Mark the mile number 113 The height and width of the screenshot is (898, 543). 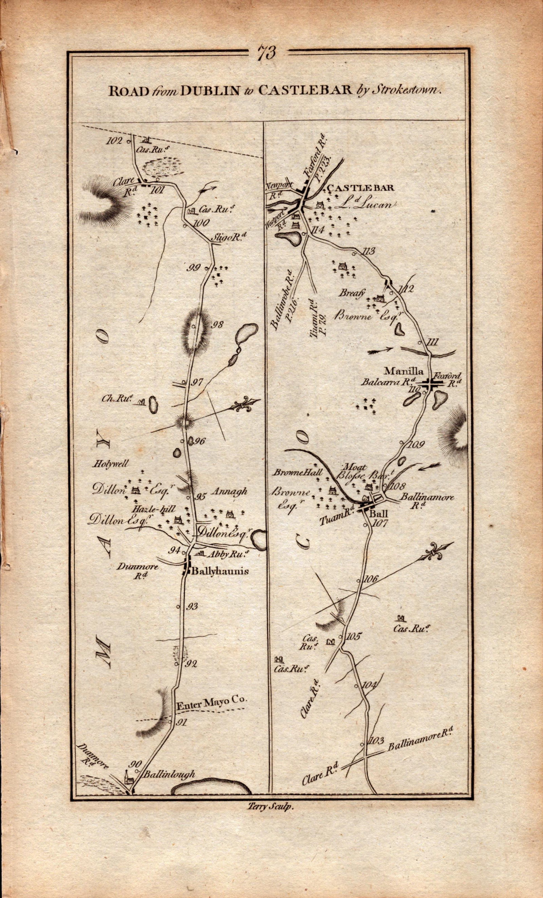coord(367,251)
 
